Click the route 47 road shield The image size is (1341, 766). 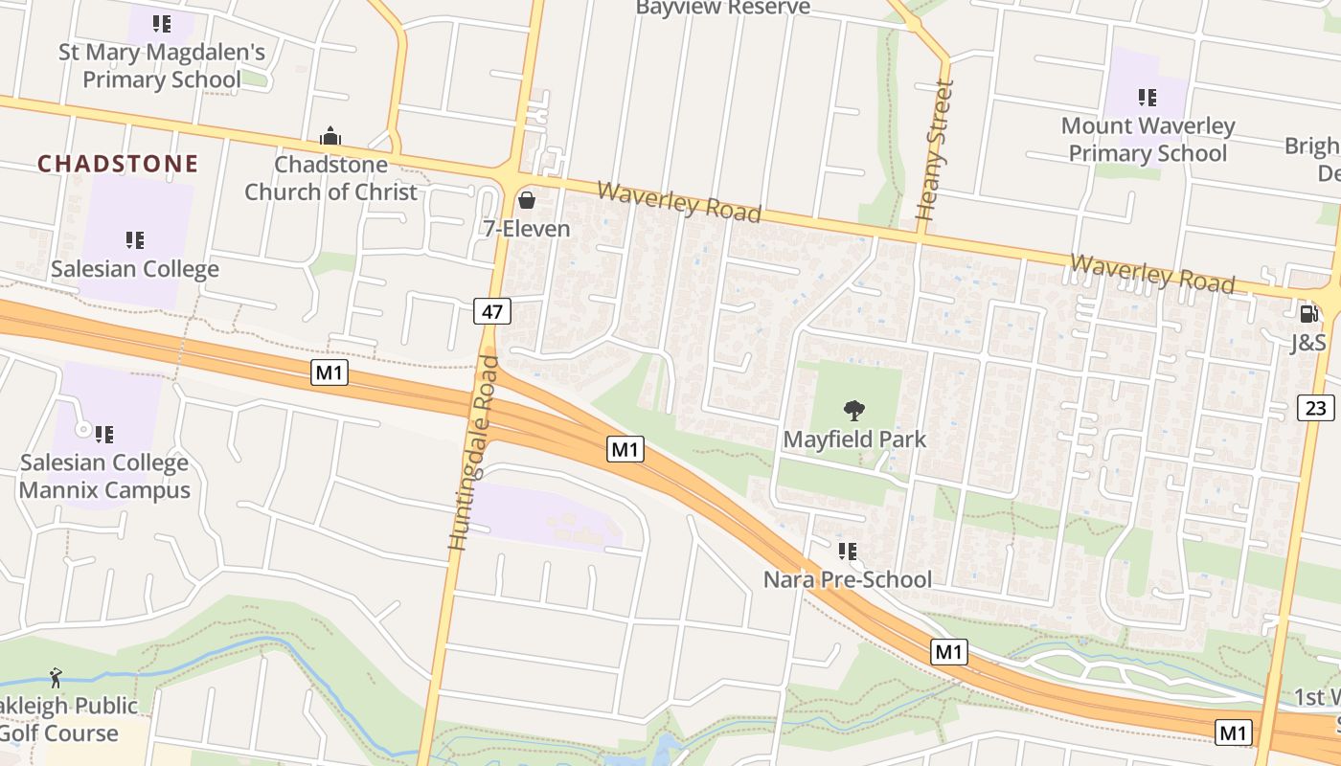492,310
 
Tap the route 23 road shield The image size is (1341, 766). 1316,408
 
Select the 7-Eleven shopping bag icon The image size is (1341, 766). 526,200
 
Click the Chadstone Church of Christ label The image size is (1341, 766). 330,178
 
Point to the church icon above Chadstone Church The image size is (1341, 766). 330,137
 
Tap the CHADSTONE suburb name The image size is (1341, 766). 118,164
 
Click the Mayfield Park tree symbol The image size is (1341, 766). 854,411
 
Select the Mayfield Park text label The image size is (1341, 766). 854,439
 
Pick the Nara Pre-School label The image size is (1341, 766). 847,579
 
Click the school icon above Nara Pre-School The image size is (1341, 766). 847,551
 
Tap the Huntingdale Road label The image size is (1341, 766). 474,453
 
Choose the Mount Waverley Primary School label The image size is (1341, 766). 1148,140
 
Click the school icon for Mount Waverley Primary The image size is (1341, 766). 1147,97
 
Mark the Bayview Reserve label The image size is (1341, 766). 723,9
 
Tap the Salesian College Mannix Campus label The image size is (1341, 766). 104,477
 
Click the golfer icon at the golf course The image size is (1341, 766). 56,679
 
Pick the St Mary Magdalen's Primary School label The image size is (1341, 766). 162,65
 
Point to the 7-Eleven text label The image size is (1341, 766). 526,229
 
